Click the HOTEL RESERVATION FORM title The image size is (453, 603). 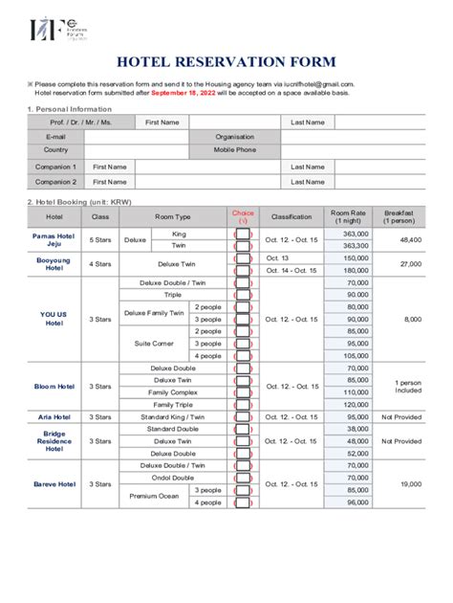coord(226,62)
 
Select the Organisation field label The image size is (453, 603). coord(234,137)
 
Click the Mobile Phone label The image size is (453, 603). coord(234,150)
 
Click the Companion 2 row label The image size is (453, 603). coord(55,182)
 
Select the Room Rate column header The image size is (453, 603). coord(348,216)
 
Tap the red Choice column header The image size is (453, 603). coord(243,216)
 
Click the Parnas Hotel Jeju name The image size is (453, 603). coord(54,240)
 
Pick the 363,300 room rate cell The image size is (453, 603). coord(356,246)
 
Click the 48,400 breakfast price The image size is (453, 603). coord(411,240)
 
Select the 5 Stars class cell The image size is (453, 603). coord(100,240)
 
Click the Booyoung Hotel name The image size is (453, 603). coord(54,264)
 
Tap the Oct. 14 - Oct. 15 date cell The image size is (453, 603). coord(291,271)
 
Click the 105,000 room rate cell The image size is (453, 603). coord(356,355)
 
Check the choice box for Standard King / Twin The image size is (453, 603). coord(243,417)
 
